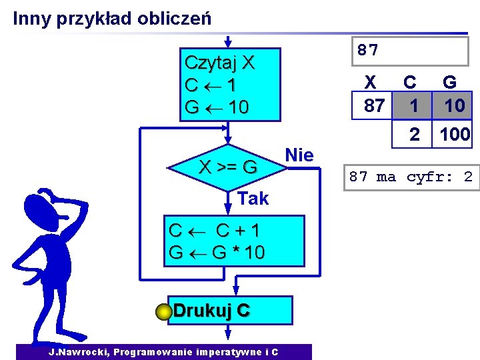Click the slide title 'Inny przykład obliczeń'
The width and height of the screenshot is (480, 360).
point(112,18)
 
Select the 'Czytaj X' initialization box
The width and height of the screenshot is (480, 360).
point(229,85)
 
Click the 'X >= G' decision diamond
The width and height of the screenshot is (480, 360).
point(229,167)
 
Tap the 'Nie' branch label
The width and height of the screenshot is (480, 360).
point(299,155)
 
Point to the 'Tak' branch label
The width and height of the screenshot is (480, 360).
point(253,198)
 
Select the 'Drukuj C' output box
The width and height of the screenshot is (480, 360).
point(231,311)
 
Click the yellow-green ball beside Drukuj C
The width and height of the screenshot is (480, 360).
point(166,312)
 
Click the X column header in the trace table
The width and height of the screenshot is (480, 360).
point(371,82)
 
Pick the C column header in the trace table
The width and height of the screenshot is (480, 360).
point(410,82)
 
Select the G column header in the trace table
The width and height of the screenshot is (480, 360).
point(450,82)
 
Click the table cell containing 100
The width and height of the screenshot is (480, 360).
point(455,135)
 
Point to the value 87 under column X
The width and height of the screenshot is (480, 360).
point(374,106)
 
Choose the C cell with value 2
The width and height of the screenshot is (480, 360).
point(414,135)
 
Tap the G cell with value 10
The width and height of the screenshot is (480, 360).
point(454,106)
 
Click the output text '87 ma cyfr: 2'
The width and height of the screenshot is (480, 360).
point(411,177)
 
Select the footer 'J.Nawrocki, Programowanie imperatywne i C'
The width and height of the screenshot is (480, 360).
point(163,352)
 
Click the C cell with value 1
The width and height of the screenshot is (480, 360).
point(414,106)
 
